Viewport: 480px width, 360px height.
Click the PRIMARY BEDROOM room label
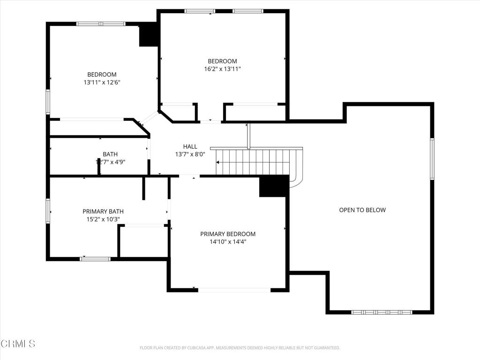(x=228, y=234)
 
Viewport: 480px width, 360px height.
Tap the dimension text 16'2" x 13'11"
(x=222, y=69)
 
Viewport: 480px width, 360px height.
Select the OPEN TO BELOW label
(x=362, y=210)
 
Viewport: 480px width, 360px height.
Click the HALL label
(x=190, y=146)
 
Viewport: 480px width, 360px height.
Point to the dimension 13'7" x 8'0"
(x=190, y=154)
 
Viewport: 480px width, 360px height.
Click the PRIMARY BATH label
(x=103, y=211)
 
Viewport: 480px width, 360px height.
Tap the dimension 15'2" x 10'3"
(x=103, y=219)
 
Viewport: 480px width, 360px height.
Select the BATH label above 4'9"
(x=110, y=154)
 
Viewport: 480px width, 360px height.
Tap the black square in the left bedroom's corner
(x=149, y=36)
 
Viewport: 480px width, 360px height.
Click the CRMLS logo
(x=18, y=344)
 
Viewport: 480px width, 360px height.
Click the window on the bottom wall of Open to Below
(x=382, y=312)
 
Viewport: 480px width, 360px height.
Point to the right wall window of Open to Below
(x=432, y=159)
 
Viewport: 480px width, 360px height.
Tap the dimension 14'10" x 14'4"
(x=228, y=242)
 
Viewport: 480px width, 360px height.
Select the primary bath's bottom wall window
(x=96, y=258)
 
